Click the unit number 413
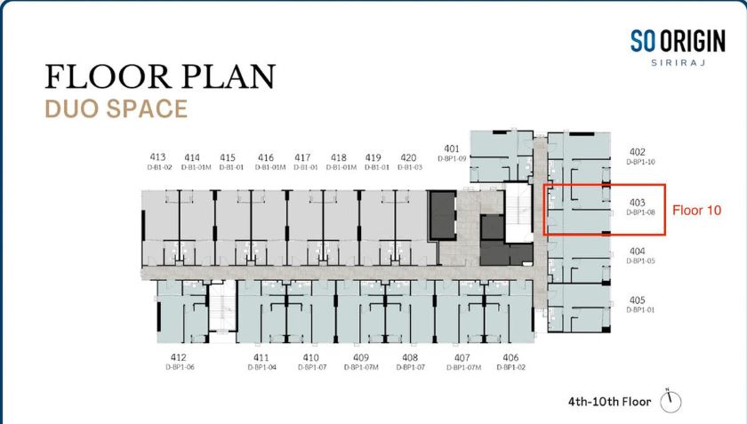point(157,156)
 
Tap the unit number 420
point(408,157)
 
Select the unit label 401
point(452,148)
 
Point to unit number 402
point(638,152)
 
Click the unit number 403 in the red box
point(638,203)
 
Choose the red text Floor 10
point(696,210)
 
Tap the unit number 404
point(638,251)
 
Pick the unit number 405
point(638,300)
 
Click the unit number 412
point(179,357)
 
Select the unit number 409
point(361,357)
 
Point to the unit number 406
point(510,357)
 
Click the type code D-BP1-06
point(180,367)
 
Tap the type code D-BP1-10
point(641,162)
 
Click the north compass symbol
point(671,401)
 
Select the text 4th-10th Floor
point(609,402)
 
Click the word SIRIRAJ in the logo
point(678,62)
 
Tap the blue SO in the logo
point(643,41)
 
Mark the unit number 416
point(266,157)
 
